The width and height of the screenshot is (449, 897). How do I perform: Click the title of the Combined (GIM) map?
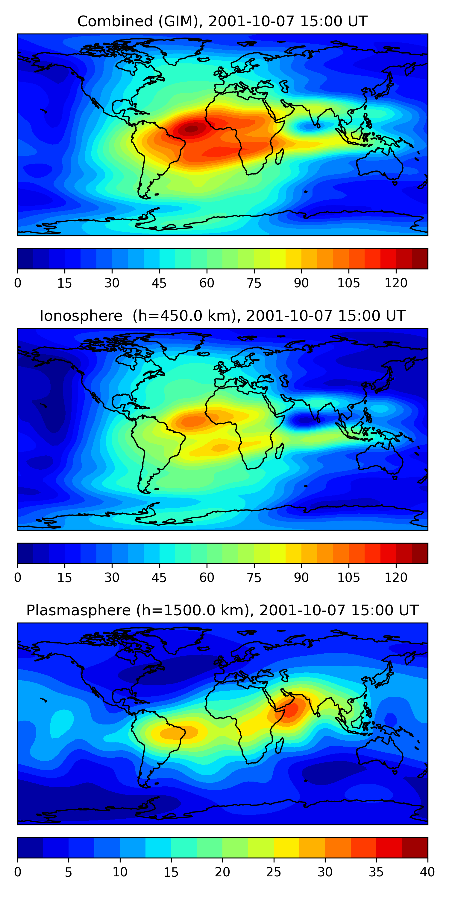click(222, 21)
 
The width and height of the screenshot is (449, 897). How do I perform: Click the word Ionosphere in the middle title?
click(81, 316)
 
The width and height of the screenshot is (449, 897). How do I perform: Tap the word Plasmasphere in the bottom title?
click(78, 611)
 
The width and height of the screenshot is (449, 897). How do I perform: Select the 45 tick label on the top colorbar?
click(159, 283)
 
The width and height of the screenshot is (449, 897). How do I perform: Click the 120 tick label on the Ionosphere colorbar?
click(396, 577)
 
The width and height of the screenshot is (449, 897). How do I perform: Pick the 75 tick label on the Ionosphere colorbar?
click(254, 577)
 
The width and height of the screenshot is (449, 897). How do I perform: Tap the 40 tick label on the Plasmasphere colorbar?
click(427, 872)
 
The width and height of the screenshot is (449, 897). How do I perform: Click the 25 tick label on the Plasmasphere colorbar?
click(274, 872)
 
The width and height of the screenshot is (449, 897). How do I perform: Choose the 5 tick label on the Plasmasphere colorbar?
click(68, 872)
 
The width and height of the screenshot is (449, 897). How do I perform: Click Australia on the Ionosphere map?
click(380, 460)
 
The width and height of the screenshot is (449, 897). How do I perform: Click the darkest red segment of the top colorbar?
click(420, 259)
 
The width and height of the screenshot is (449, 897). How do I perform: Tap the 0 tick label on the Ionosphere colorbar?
click(18, 577)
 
